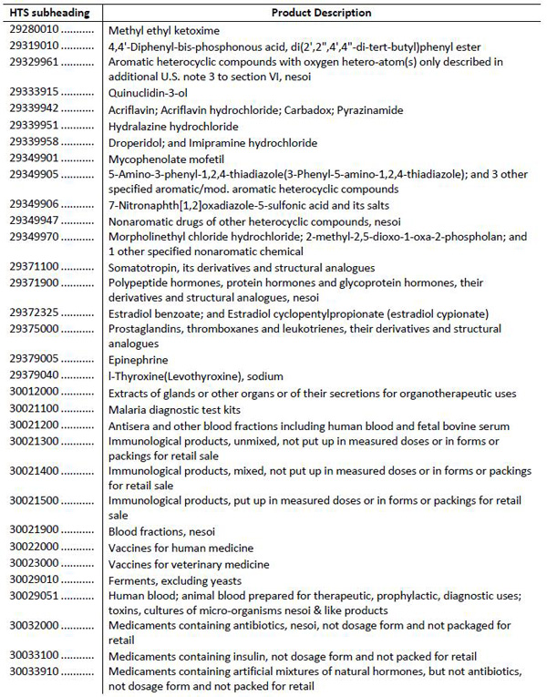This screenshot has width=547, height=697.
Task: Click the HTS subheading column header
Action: click(50, 13)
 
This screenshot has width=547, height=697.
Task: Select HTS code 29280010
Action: click(35, 29)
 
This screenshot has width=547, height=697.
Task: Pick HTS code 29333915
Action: click(35, 89)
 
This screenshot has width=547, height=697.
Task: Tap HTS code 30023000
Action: click(35, 563)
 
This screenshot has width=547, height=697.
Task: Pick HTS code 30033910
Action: click(35, 671)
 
